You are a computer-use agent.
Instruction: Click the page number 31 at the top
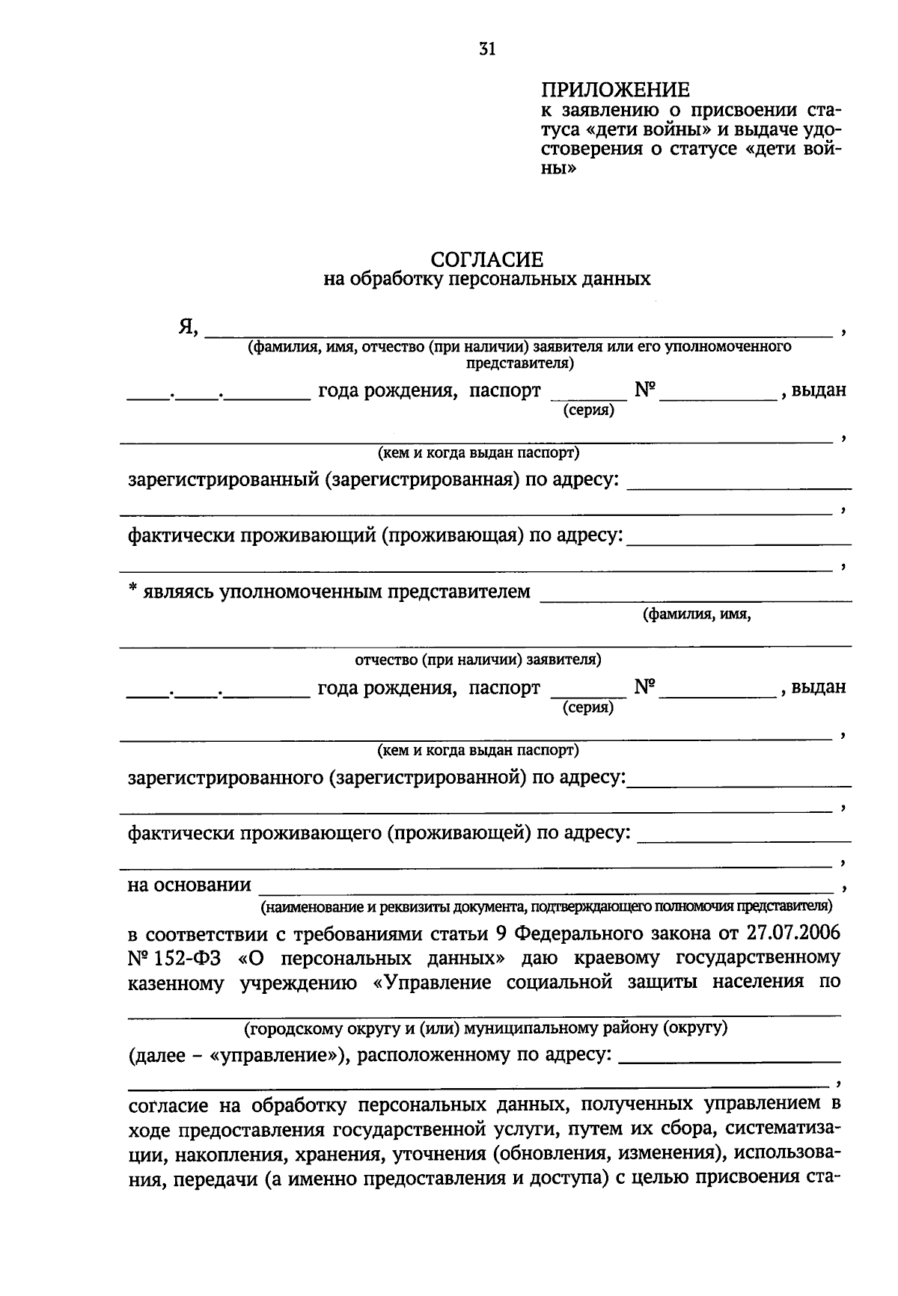tap(486, 50)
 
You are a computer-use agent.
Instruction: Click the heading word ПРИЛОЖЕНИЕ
tap(615, 90)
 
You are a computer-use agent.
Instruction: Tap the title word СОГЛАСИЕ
tap(487, 259)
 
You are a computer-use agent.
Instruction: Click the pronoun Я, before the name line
tap(188, 327)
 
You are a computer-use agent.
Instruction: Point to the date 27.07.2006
tap(793, 933)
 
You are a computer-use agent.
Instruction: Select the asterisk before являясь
tap(132, 590)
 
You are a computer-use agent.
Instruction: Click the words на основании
tap(189, 885)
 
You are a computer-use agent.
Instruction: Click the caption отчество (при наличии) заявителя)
tap(477, 660)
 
